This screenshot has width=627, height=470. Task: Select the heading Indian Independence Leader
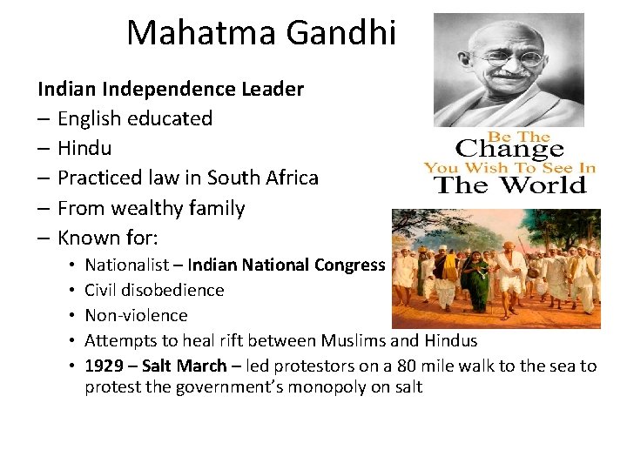[171, 89]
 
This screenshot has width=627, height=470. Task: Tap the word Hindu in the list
[84, 149]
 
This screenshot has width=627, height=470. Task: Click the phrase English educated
[134, 118]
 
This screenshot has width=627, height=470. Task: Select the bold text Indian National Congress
[287, 265]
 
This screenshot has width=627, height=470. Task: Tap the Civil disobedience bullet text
[154, 290]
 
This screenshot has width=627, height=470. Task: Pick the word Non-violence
[136, 315]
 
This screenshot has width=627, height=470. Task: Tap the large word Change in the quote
[509, 149]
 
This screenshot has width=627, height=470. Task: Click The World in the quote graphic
[510, 185]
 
